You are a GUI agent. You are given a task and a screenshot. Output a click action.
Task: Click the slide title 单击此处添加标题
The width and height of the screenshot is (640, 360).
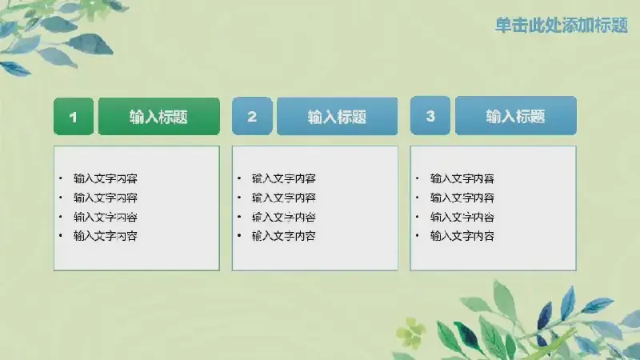tap(562, 25)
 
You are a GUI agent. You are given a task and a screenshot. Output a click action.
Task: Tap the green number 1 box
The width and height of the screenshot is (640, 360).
tap(74, 116)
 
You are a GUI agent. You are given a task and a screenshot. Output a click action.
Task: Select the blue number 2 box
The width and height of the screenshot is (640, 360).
tap(252, 116)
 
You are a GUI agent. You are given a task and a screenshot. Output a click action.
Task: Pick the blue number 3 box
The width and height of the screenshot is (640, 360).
tap(430, 115)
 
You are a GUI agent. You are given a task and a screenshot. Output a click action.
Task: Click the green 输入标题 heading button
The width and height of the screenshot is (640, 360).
tap(158, 116)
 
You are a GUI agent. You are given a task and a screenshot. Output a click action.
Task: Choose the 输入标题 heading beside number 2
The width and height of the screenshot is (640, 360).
tap(337, 116)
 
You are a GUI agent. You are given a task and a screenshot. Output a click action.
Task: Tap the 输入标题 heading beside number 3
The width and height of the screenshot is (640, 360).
tap(516, 115)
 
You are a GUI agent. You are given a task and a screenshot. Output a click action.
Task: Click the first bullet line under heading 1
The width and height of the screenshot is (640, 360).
tap(106, 178)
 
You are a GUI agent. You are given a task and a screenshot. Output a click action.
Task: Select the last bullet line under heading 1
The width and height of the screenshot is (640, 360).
tap(106, 236)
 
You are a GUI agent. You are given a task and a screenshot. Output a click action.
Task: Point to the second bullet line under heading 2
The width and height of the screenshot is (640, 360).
tap(284, 198)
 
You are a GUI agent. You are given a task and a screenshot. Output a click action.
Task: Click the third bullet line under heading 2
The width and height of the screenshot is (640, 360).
tap(284, 217)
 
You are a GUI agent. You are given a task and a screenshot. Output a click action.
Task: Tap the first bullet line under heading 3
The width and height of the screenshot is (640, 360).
tap(462, 178)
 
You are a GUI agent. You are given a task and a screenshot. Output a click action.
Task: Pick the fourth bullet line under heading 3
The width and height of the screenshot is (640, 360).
tap(462, 236)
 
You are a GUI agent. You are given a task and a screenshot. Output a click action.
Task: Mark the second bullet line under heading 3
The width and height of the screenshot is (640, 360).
tap(462, 198)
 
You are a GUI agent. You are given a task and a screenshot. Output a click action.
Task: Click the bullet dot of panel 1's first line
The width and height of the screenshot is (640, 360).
tap(61, 178)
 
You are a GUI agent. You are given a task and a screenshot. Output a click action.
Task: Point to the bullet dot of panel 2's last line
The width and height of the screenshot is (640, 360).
tap(239, 235)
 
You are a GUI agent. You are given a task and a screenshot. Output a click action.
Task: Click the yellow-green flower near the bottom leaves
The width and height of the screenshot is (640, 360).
tap(410, 331)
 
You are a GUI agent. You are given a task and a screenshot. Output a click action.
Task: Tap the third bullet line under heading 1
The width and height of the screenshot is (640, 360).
tap(106, 217)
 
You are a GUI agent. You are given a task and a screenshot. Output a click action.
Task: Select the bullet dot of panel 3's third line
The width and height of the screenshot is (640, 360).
tap(417, 216)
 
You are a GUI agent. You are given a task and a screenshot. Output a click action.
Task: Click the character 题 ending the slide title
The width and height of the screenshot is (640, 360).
tap(620, 25)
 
